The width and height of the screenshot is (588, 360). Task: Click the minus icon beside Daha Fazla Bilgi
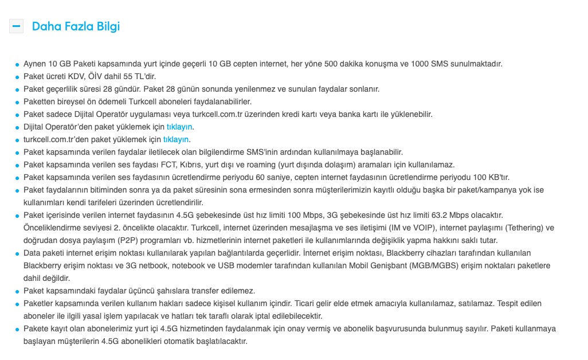pyautogui.click(x=16, y=26)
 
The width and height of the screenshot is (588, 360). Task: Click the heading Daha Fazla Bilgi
pyautogui.click(x=76, y=26)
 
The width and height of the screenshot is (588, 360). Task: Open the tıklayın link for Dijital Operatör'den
pyautogui.click(x=179, y=127)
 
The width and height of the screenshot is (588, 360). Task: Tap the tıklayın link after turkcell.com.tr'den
pyautogui.click(x=176, y=139)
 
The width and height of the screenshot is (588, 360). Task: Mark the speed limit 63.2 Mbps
pyautogui.click(x=433, y=215)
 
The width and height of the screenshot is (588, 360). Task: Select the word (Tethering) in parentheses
pyautogui.click(x=521, y=228)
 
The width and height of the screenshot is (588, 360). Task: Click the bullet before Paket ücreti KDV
pyautogui.click(x=17, y=77)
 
